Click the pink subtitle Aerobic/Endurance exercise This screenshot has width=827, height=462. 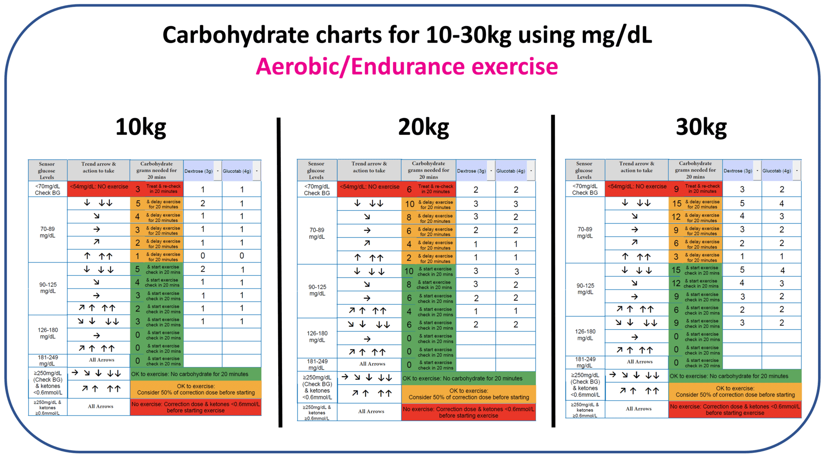(407, 66)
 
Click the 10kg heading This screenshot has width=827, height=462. (140, 127)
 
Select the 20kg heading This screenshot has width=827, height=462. (423, 127)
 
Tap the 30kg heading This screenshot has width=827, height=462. (701, 127)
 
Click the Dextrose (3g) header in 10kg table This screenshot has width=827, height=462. (199, 171)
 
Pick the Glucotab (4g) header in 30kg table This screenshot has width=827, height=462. (777, 171)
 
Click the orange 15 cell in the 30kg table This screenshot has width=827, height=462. (677, 203)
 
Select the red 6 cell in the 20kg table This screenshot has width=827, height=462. (409, 189)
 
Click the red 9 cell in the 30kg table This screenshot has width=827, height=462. (676, 189)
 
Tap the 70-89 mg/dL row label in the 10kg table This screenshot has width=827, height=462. (47, 232)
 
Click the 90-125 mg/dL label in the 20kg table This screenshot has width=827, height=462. (317, 290)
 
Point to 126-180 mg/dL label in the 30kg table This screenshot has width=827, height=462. (585, 334)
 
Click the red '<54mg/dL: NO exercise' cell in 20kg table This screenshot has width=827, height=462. (370, 187)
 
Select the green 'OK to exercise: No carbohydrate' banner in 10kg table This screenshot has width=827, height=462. (196, 374)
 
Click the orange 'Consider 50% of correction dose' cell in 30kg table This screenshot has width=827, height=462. (735, 391)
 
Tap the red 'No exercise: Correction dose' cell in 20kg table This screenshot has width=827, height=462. (468, 412)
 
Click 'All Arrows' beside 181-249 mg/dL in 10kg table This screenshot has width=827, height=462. (102, 360)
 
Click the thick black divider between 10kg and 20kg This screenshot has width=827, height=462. (280, 272)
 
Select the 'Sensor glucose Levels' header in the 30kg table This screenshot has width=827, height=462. (584, 170)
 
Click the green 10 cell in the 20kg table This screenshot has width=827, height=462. (409, 272)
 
